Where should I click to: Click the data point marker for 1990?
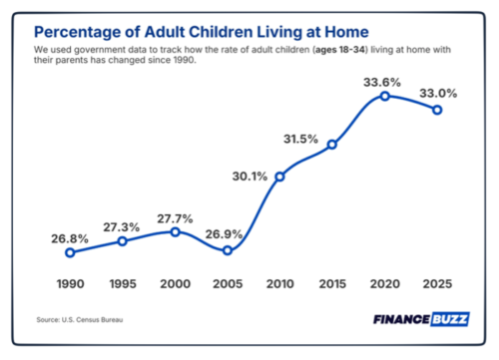[70, 252]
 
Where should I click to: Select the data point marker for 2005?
[228, 250]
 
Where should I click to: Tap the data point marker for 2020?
[384, 96]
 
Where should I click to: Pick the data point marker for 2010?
[279, 177]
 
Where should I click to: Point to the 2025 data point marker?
[437, 110]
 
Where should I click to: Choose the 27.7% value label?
[175, 216]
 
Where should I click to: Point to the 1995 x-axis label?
[122, 284]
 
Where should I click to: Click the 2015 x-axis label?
[332, 284]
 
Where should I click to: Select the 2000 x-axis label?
[175, 284]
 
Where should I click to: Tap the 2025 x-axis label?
[437, 284]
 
